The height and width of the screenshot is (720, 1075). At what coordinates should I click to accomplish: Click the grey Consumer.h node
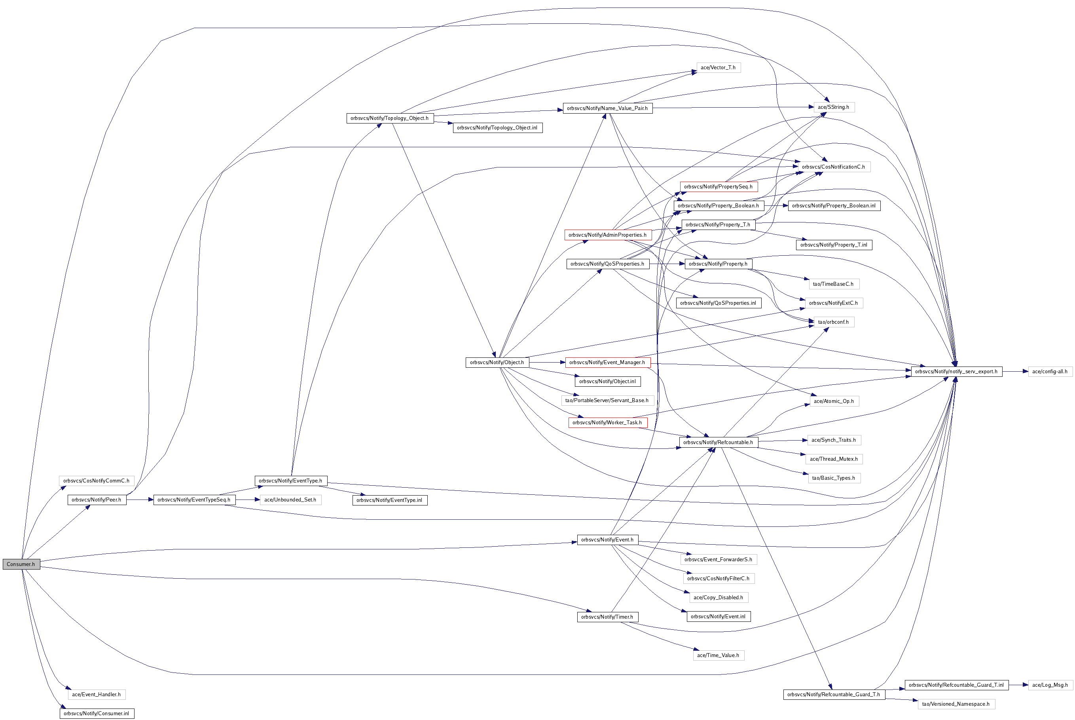(21, 564)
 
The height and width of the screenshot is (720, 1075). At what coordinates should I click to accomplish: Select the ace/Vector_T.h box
(718, 68)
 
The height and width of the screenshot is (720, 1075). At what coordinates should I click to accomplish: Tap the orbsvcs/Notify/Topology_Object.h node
(390, 118)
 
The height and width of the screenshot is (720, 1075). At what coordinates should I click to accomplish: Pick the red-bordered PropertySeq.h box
(719, 186)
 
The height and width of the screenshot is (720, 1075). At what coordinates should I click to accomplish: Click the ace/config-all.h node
(1050, 372)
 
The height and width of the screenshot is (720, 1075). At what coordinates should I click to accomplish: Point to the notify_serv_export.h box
(956, 372)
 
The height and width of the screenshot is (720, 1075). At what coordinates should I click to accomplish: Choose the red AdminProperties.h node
(608, 235)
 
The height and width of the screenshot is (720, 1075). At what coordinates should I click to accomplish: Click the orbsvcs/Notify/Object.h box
(497, 362)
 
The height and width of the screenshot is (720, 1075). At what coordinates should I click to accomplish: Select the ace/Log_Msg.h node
(1050, 685)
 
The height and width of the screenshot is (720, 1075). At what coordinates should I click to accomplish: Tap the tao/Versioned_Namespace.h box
(956, 704)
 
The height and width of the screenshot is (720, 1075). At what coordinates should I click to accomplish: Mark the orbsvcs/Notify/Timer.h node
(607, 617)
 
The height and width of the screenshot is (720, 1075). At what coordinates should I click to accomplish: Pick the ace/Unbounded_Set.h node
(290, 500)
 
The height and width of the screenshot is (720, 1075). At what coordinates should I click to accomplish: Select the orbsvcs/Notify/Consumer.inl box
(97, 713)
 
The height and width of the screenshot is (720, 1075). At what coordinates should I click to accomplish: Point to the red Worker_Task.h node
(607, 422)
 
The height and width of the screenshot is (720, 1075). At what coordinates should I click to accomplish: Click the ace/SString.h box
(834, 107)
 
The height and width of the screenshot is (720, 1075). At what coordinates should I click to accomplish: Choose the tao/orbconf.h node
(834, 322)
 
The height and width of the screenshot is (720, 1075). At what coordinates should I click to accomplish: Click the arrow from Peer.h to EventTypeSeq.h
(140, 500)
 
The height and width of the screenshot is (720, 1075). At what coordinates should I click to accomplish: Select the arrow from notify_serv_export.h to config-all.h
(1015, 372)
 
